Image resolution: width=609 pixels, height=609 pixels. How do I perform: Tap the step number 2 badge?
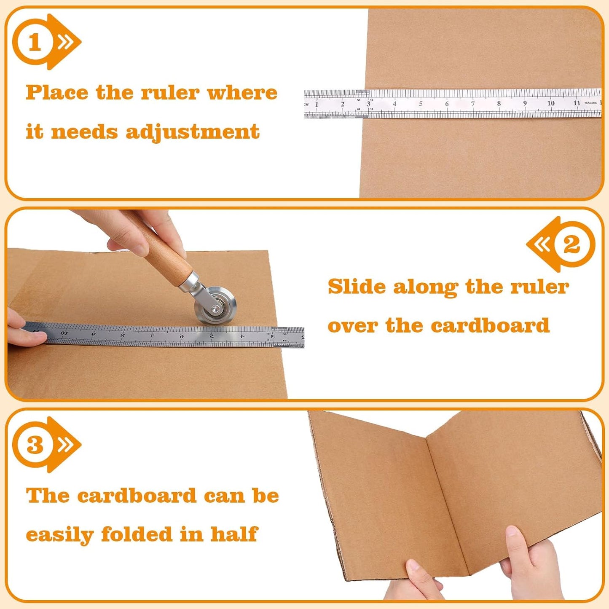click(571, 244)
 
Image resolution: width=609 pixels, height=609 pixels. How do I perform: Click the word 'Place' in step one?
click(57, 93)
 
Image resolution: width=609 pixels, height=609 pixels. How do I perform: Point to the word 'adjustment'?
click(193, 132)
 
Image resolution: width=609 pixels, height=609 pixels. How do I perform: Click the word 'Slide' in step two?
click(357, 287)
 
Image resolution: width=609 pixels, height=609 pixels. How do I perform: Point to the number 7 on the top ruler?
click(472, 104)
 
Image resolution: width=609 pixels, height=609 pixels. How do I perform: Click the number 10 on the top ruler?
click(550, 103)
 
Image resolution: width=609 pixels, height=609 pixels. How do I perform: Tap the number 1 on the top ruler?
click(317, 104)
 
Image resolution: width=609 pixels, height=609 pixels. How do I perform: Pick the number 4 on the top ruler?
click(394, 104)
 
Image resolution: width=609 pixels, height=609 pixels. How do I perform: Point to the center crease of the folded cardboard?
click(447, 502)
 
